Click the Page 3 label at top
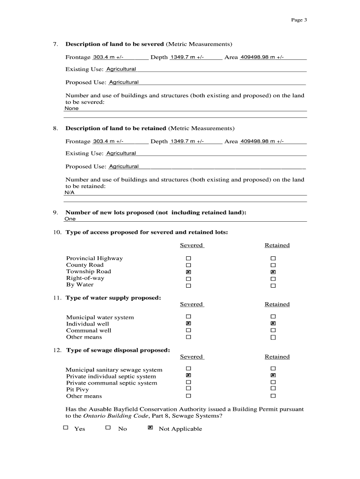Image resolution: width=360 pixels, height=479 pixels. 299,20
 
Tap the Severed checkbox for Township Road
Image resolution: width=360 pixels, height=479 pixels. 188,272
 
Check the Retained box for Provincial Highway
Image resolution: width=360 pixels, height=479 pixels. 273,259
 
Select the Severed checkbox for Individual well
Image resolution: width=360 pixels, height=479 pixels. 188,323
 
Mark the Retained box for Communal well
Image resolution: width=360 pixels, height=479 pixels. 273,331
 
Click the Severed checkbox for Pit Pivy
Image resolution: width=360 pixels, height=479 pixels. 188,389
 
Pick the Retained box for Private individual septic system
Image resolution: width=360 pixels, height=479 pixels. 273,376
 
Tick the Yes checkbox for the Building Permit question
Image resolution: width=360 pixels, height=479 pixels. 65,428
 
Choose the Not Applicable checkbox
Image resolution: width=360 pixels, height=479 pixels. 150,428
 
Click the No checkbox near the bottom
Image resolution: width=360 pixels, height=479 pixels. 108,428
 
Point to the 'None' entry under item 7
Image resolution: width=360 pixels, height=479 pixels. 72,108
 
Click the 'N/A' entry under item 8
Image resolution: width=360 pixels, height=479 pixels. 69,192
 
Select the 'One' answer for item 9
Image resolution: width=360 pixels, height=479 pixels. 70,218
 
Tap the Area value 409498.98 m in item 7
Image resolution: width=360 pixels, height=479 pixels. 261,57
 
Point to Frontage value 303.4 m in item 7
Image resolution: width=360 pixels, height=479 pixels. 108,57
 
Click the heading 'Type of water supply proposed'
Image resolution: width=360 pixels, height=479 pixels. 113,298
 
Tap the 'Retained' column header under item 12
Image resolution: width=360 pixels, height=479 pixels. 277,357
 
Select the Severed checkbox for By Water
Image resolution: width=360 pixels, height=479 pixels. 188,285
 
